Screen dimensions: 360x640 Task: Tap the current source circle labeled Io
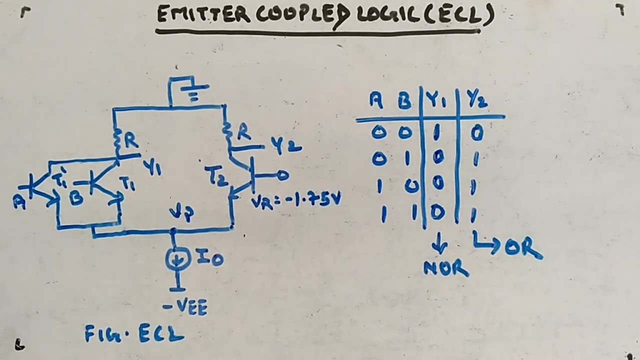(x=178, y=258)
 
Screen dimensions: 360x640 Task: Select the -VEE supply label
(x=185, y=306)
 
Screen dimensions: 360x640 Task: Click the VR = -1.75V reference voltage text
(x=296, y=200)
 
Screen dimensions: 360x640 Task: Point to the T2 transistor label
(x=215, y=176)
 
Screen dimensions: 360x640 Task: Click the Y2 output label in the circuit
(x=286, y=145)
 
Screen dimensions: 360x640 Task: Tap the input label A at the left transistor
(x=19, y=201)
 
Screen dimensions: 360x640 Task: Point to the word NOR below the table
(x=446, y=269)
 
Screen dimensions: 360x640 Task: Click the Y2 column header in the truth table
(x=477, y=101)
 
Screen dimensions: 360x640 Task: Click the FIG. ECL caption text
(x=134, y=334)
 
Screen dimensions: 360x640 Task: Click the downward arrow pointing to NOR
(x=440, y=245)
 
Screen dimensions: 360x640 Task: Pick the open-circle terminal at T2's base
(x=283, y=175)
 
